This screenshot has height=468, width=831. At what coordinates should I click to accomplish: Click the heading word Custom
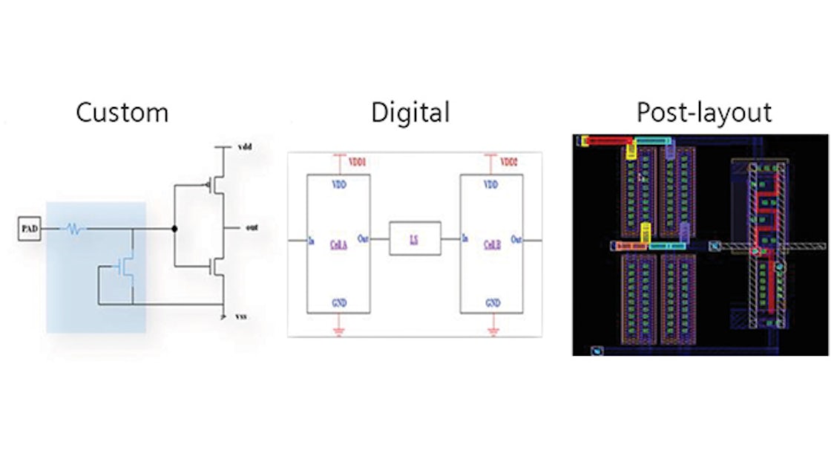click(x=122, y=113)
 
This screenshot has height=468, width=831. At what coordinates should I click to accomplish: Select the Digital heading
click(x=410, y=113)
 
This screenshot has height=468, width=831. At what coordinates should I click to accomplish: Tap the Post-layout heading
click(x=704, y=113)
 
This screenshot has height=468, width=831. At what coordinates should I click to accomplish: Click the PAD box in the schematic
click(x=28, y=230)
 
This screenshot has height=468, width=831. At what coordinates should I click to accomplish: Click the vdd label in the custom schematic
click(x=245, y=148)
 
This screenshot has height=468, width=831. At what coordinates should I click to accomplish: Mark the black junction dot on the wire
click(x=175, y=230)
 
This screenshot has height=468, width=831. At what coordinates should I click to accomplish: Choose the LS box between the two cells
click(x=415, y=238)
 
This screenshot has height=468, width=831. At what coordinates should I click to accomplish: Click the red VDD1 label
click(x=358, y=161)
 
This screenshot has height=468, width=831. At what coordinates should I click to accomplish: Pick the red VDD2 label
click(x=509, y=161)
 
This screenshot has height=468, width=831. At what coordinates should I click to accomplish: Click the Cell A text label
click(x=338, y=244)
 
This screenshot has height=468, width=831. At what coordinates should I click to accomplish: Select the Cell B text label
click(x=491, y=244)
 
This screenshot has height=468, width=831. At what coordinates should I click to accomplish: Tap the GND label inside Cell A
click(x=338, y=303)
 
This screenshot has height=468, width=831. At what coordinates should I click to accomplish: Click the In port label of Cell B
click(x=464, y=238)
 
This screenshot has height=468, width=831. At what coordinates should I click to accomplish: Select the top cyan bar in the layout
click(x=651, y=140)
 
